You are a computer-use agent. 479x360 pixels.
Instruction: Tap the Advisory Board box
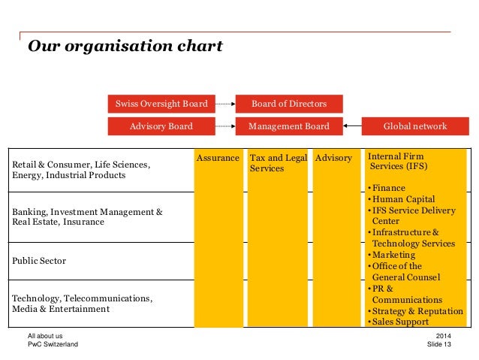point(161,126)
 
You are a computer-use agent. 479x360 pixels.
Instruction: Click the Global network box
point(414,126)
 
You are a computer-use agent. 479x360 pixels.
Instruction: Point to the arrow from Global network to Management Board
point(352,126)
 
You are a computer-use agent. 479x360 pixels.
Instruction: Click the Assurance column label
point(218,159)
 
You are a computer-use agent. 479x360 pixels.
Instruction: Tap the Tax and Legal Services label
point(278,163)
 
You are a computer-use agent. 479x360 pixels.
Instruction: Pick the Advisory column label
point(333,159)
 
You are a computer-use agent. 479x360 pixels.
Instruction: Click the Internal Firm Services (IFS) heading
point(397,161)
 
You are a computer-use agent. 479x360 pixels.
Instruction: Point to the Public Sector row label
point(39,261)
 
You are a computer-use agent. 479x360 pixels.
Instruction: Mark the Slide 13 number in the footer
point(438,344)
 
